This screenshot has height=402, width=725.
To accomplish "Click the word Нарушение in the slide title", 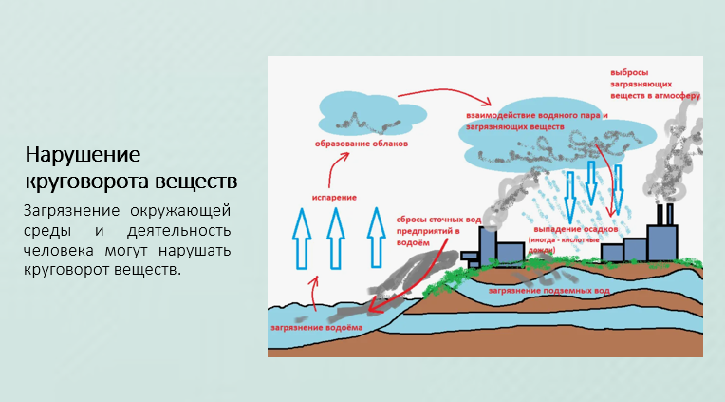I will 83,155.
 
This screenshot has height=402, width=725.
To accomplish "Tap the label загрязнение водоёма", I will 316,326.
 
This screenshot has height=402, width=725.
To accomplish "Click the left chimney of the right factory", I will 657,214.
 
